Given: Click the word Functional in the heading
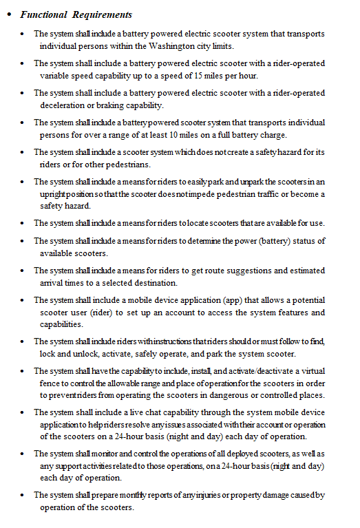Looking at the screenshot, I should (44, 14).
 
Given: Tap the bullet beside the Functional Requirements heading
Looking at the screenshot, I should (8, 14).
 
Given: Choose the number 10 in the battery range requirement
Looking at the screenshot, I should (177, 135).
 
